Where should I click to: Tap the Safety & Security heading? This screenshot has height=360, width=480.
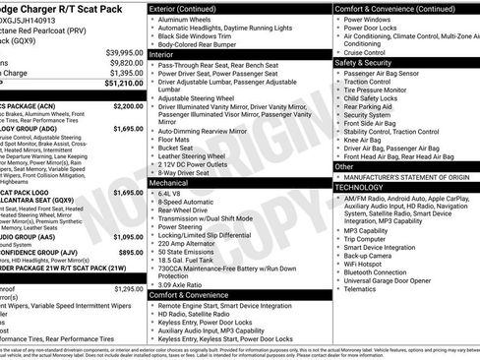(370, 62)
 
